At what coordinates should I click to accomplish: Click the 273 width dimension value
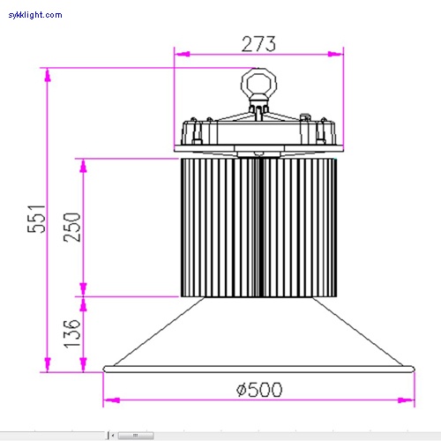click(x=258, y=42)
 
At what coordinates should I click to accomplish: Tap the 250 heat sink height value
click(x=71, y=227)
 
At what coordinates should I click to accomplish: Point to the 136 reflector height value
click(x=71, y=333)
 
